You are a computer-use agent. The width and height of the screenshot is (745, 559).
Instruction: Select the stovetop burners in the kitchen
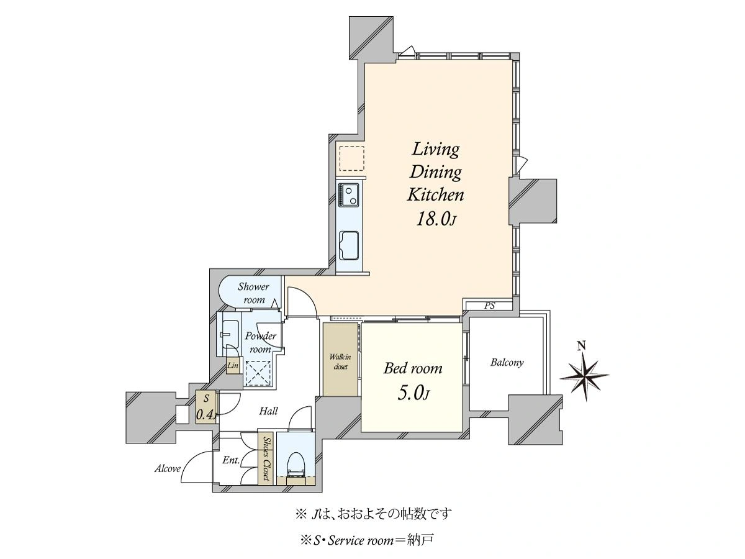click(348, 195)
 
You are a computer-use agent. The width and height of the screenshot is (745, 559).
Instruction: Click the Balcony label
click(507, 363)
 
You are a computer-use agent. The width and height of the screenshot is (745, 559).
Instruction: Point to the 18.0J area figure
click(435, 219)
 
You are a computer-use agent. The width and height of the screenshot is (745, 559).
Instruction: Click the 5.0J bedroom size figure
click(413, 393)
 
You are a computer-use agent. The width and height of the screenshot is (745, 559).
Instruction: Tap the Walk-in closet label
click(340, 361)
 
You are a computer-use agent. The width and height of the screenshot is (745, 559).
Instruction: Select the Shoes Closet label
click(267, 458)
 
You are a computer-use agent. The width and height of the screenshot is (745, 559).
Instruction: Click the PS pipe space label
click(489, 306)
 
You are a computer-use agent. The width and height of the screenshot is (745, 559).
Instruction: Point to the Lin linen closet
click(233, 366)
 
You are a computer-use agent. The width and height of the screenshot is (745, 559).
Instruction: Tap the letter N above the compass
click(582, 346)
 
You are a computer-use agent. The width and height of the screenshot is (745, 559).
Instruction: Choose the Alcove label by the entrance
click(168, 469)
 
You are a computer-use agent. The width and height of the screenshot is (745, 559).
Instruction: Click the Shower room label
click(253, 293)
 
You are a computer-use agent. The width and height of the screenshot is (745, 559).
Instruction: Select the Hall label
click(268, 411)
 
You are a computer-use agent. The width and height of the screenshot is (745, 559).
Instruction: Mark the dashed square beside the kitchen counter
click(352, 158)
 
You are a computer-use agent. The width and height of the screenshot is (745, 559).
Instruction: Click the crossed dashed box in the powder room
click(258, 373)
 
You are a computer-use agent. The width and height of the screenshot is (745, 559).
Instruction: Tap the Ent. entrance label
click(231, 460)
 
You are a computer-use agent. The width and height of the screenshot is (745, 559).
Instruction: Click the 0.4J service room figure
click(206, 414)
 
